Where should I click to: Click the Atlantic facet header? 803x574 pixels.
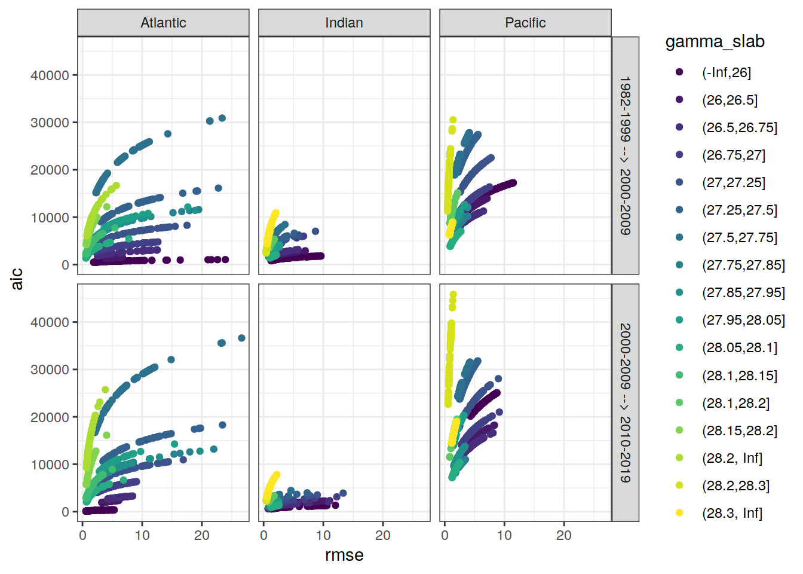163,23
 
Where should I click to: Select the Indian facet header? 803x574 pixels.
344,23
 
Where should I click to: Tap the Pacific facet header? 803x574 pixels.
525,23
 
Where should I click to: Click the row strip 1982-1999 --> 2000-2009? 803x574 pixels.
625,155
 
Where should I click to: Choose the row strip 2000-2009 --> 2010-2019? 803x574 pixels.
625,402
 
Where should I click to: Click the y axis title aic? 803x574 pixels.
17,279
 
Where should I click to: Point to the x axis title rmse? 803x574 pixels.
344,555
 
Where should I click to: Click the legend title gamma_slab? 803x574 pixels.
715,42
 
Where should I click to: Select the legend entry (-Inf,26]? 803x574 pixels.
726,72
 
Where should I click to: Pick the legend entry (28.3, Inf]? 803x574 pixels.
732,513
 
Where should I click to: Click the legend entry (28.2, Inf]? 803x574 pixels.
732,458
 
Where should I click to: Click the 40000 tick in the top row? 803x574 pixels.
50,75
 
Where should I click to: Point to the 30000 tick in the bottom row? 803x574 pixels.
50,370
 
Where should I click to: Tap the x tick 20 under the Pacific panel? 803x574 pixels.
563,535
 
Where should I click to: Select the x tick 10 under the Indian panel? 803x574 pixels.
323,535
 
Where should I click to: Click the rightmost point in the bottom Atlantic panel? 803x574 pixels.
241,338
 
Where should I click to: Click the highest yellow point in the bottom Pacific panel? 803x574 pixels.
453,295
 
